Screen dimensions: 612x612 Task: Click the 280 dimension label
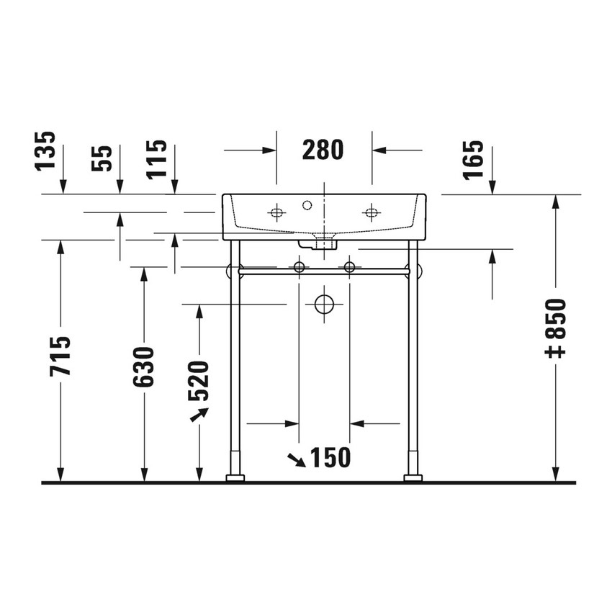[323, 150]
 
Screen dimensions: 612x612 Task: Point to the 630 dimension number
[144, 366]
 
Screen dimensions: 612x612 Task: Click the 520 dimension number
[199, 380]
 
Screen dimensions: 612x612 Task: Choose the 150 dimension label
[329, 457]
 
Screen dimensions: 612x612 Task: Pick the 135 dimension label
[46, 150]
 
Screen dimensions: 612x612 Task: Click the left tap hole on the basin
[276, 212]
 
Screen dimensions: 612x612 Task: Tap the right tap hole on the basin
[372, 212]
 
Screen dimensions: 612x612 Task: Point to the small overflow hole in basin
[307, 206]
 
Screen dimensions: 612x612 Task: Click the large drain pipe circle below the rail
[325, 305]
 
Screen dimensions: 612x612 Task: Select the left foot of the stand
[235, 477]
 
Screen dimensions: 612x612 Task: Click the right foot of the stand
[413, 477]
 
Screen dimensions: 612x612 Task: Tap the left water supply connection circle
[299, 267]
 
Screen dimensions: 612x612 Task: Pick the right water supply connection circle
[350, 267]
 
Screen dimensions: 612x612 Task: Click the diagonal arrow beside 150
[295, 459]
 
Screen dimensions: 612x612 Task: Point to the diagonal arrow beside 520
[199, 415]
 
